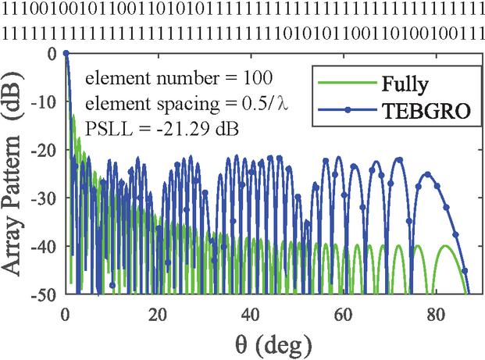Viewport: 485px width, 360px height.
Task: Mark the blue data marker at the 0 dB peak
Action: tap(66, 53)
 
